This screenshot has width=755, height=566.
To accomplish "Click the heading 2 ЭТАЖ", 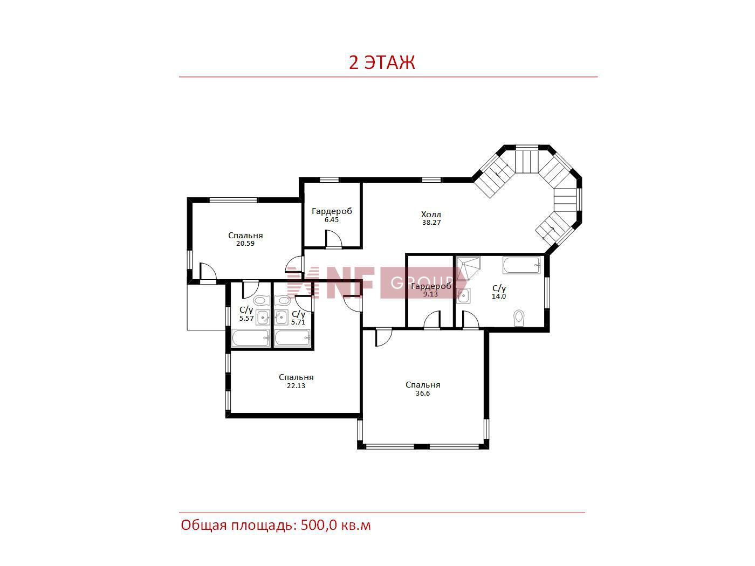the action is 381,63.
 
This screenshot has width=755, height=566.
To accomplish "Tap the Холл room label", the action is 431,215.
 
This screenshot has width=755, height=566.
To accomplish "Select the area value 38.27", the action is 431,222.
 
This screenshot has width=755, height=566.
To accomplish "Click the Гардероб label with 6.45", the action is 332,211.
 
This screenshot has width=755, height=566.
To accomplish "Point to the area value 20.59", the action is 245,244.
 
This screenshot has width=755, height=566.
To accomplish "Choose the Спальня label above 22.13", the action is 296,377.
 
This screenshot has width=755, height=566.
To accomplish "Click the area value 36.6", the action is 422,394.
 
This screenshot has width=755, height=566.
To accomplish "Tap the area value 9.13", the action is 430,294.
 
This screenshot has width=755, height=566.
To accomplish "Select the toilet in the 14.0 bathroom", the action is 519,318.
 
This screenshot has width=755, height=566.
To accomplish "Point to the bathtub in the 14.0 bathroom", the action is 521,265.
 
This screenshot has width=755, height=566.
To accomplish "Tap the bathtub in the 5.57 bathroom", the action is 250,338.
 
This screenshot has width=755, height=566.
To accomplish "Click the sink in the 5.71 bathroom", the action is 282,317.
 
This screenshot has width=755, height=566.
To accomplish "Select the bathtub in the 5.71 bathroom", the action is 292,338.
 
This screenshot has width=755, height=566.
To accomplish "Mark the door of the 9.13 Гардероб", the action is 432,320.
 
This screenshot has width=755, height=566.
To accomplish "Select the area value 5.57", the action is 246,319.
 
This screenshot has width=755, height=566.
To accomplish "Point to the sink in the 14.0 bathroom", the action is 463,295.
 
